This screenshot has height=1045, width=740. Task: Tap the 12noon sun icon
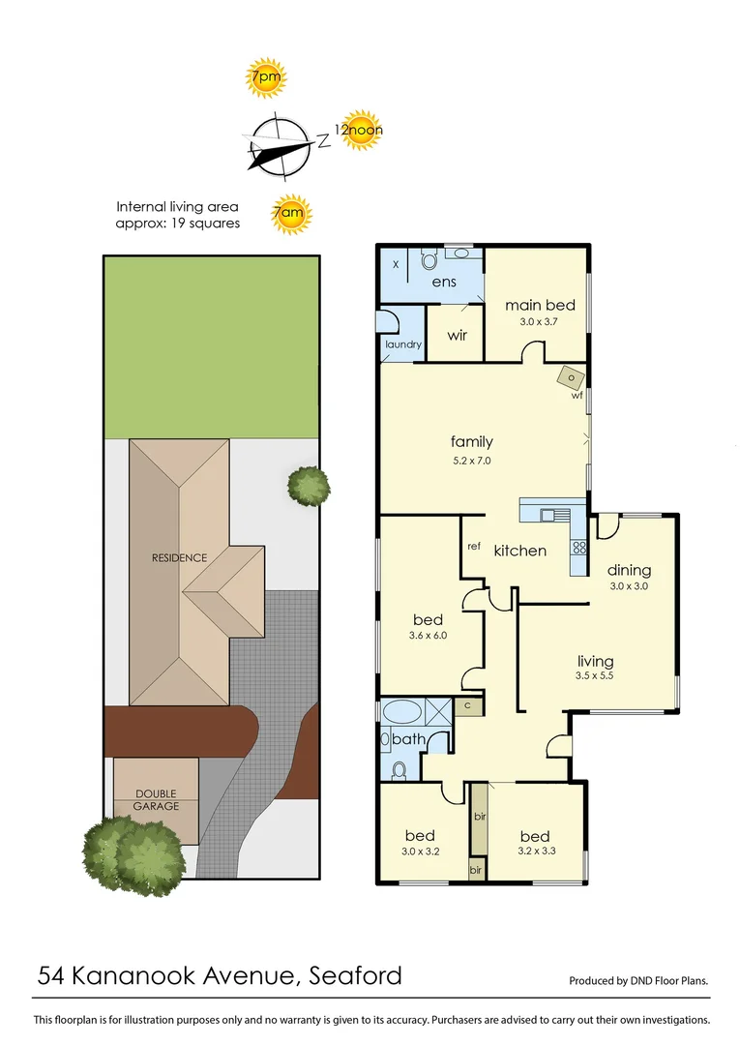pyautogui.click(x=359, y=131)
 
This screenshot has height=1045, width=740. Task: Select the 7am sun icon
pyautogui.click(x=290, y=216)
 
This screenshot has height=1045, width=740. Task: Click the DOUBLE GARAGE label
pyautogui.click(x=155, y=800)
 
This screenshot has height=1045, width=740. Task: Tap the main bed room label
pyautogui.click(x=539, y=305)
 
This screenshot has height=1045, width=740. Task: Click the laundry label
pyautogui.click(x=402, y=344)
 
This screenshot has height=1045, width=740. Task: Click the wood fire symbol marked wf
pyautogui.click(x=572, y=378)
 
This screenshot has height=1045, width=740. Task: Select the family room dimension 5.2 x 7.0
pyautogui.click(x=471, y=461)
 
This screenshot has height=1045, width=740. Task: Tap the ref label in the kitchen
pyautogui.click(x=474, y=547)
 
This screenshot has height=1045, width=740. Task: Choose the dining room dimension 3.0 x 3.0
pyautogui.click(x=628, y=586)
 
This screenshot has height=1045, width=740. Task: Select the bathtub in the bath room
pyautogui.click(x=402, y=714)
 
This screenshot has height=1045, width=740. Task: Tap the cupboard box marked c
pyautogui.click(x=467, y=706)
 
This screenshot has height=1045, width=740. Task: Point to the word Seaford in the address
pyautogui.click(x=355, y=975)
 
